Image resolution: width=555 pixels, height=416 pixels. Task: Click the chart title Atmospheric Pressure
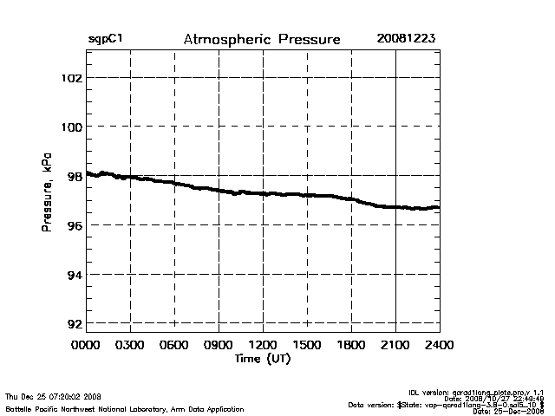click(262, 40)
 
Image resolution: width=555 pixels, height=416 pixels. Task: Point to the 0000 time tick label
click(86, 346)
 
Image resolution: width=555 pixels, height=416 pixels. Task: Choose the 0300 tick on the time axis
click(130, 346)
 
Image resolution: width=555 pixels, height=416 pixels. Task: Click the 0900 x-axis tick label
click(219, 346)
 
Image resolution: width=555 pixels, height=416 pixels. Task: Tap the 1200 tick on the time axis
click(263, 346)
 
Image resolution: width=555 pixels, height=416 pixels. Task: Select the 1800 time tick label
click(351, 346)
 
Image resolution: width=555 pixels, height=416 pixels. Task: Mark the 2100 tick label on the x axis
click(395, 346)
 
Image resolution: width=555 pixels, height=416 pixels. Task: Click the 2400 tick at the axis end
click(439, 346)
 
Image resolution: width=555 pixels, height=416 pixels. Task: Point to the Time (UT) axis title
click(263, 358)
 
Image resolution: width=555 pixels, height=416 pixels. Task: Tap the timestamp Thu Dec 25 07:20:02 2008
click(54, 395)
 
